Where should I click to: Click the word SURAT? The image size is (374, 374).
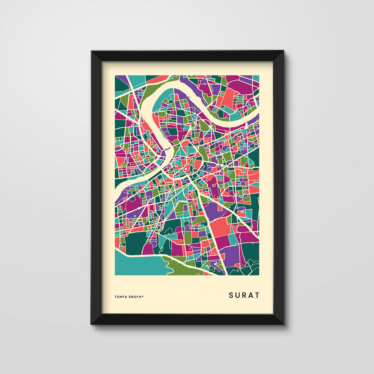pyautogui.click(x=244, y=295)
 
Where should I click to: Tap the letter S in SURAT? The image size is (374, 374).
pyautogui.click(x=231, y=295)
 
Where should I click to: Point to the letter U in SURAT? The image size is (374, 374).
pyautogui.click(x=237, y=295)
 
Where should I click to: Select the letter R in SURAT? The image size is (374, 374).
pyautogui.click(x=244, y=295)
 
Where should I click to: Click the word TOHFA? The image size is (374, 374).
pyautogui.click(x=121, y=297)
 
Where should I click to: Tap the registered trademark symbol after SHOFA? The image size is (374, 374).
pyautogui.click(x=142, y=296)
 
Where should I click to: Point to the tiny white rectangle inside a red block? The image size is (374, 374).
pyautogui.click(x=242, y=212)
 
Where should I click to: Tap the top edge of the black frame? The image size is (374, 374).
pyautogui.click(x=187, y=55)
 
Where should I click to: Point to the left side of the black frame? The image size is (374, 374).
pyautogui.click(x=96, y=187)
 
